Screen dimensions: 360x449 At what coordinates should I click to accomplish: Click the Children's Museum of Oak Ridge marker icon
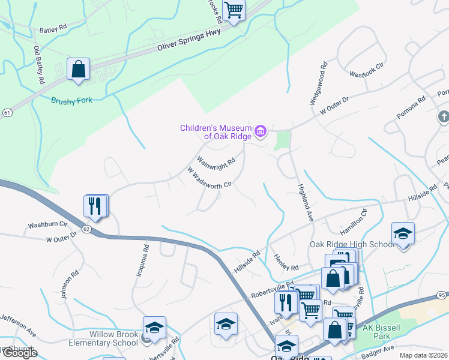[x=261, y=130]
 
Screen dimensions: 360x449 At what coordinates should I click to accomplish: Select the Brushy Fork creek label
[x=72, y=100]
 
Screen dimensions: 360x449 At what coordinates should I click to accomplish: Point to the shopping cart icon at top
[x=234, y=10]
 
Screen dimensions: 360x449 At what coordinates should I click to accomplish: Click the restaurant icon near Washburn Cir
[x=95, y=206]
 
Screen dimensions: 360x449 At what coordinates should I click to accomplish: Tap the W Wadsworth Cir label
[x=209, y=178]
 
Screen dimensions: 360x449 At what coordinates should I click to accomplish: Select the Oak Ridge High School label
[x=352, y=244]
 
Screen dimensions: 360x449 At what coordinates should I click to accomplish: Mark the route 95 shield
[x=441, y=295]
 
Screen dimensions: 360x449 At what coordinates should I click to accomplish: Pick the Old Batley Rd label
[x=39, y=64]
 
